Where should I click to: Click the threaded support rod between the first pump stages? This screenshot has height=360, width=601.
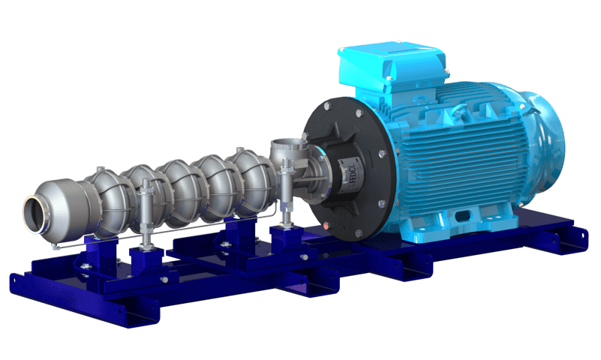point(144,218)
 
